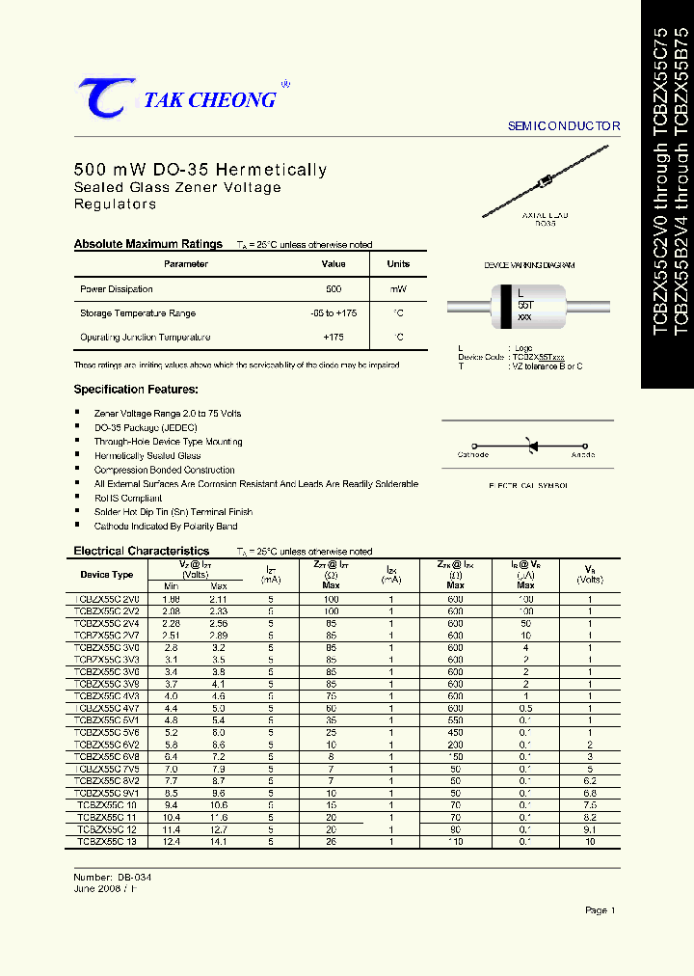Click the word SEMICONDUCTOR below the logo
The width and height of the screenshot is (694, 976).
click(x=564, y=126)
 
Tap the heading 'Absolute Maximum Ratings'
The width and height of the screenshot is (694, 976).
click(x=147, y=244)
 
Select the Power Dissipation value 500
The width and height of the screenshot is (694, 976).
click(x=334, y=289)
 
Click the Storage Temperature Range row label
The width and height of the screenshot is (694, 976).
click(x=138, y=313)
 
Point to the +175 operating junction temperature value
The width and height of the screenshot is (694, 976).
click(x=334, y=338)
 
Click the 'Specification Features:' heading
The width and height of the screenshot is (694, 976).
click(x=136, y=390)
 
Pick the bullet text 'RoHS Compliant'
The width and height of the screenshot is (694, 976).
click(x=128, y=498)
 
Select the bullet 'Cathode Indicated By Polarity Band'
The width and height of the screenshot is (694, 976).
click(x=165, y=527)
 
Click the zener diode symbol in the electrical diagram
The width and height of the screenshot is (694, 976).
click(x=527, y=445)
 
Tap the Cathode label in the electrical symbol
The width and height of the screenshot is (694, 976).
click(x=472, y=454)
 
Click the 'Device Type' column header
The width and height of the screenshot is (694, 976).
click(x=107, y=574)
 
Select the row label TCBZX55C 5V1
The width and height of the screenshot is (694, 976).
click(x=107, y=720)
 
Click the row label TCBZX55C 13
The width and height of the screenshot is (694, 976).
click(x=107, y=842)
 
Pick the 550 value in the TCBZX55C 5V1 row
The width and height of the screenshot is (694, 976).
click(x=455, y=720)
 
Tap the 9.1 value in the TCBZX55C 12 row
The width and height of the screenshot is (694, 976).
click(x=590, y=829)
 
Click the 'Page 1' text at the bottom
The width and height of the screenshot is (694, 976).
click(x=599, y=910)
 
